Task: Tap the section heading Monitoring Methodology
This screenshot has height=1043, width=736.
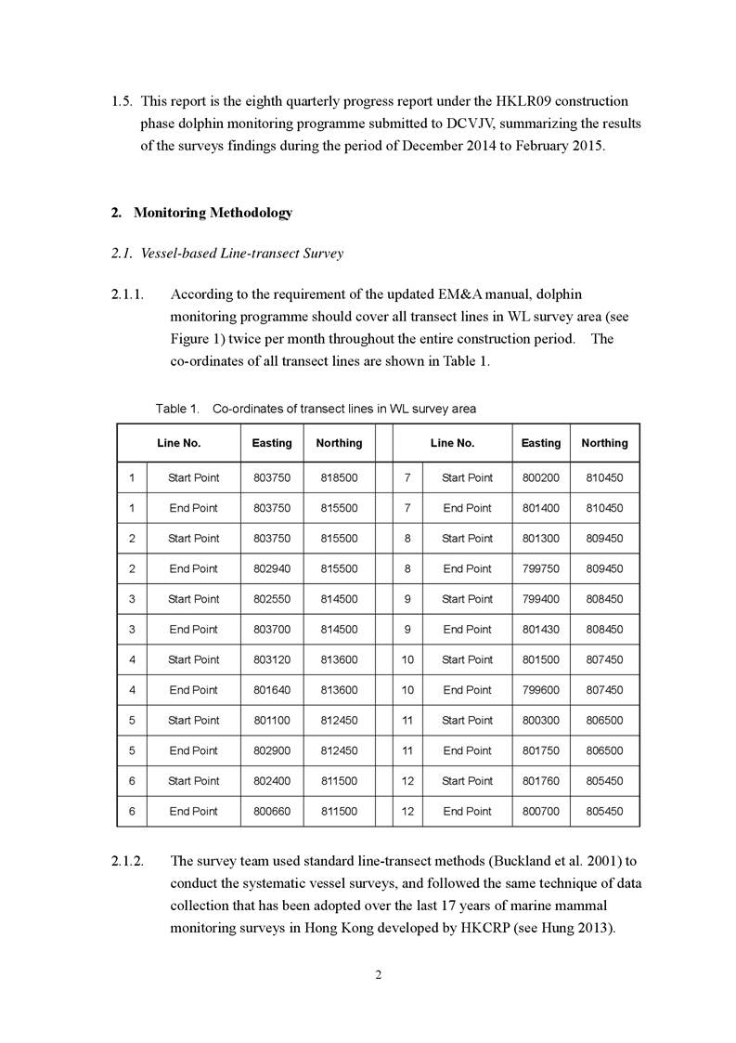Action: [213, 213]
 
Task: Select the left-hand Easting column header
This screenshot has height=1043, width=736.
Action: [272, 443]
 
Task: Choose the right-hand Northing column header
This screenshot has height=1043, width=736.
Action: [604, 443]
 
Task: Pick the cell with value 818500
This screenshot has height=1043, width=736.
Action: [339, 477]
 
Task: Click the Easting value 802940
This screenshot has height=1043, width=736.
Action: [272, 568]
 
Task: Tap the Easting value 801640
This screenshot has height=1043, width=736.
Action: [272, 690]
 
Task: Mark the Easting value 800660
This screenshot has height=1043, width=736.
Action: [272, 811]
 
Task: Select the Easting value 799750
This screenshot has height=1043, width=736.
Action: [541, 568]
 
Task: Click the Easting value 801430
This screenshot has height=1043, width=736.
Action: [541, 629]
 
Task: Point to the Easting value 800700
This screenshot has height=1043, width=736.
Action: [541, 811]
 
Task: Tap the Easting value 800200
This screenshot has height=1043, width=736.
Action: [541, 477]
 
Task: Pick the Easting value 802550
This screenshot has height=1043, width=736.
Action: [272, 599]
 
